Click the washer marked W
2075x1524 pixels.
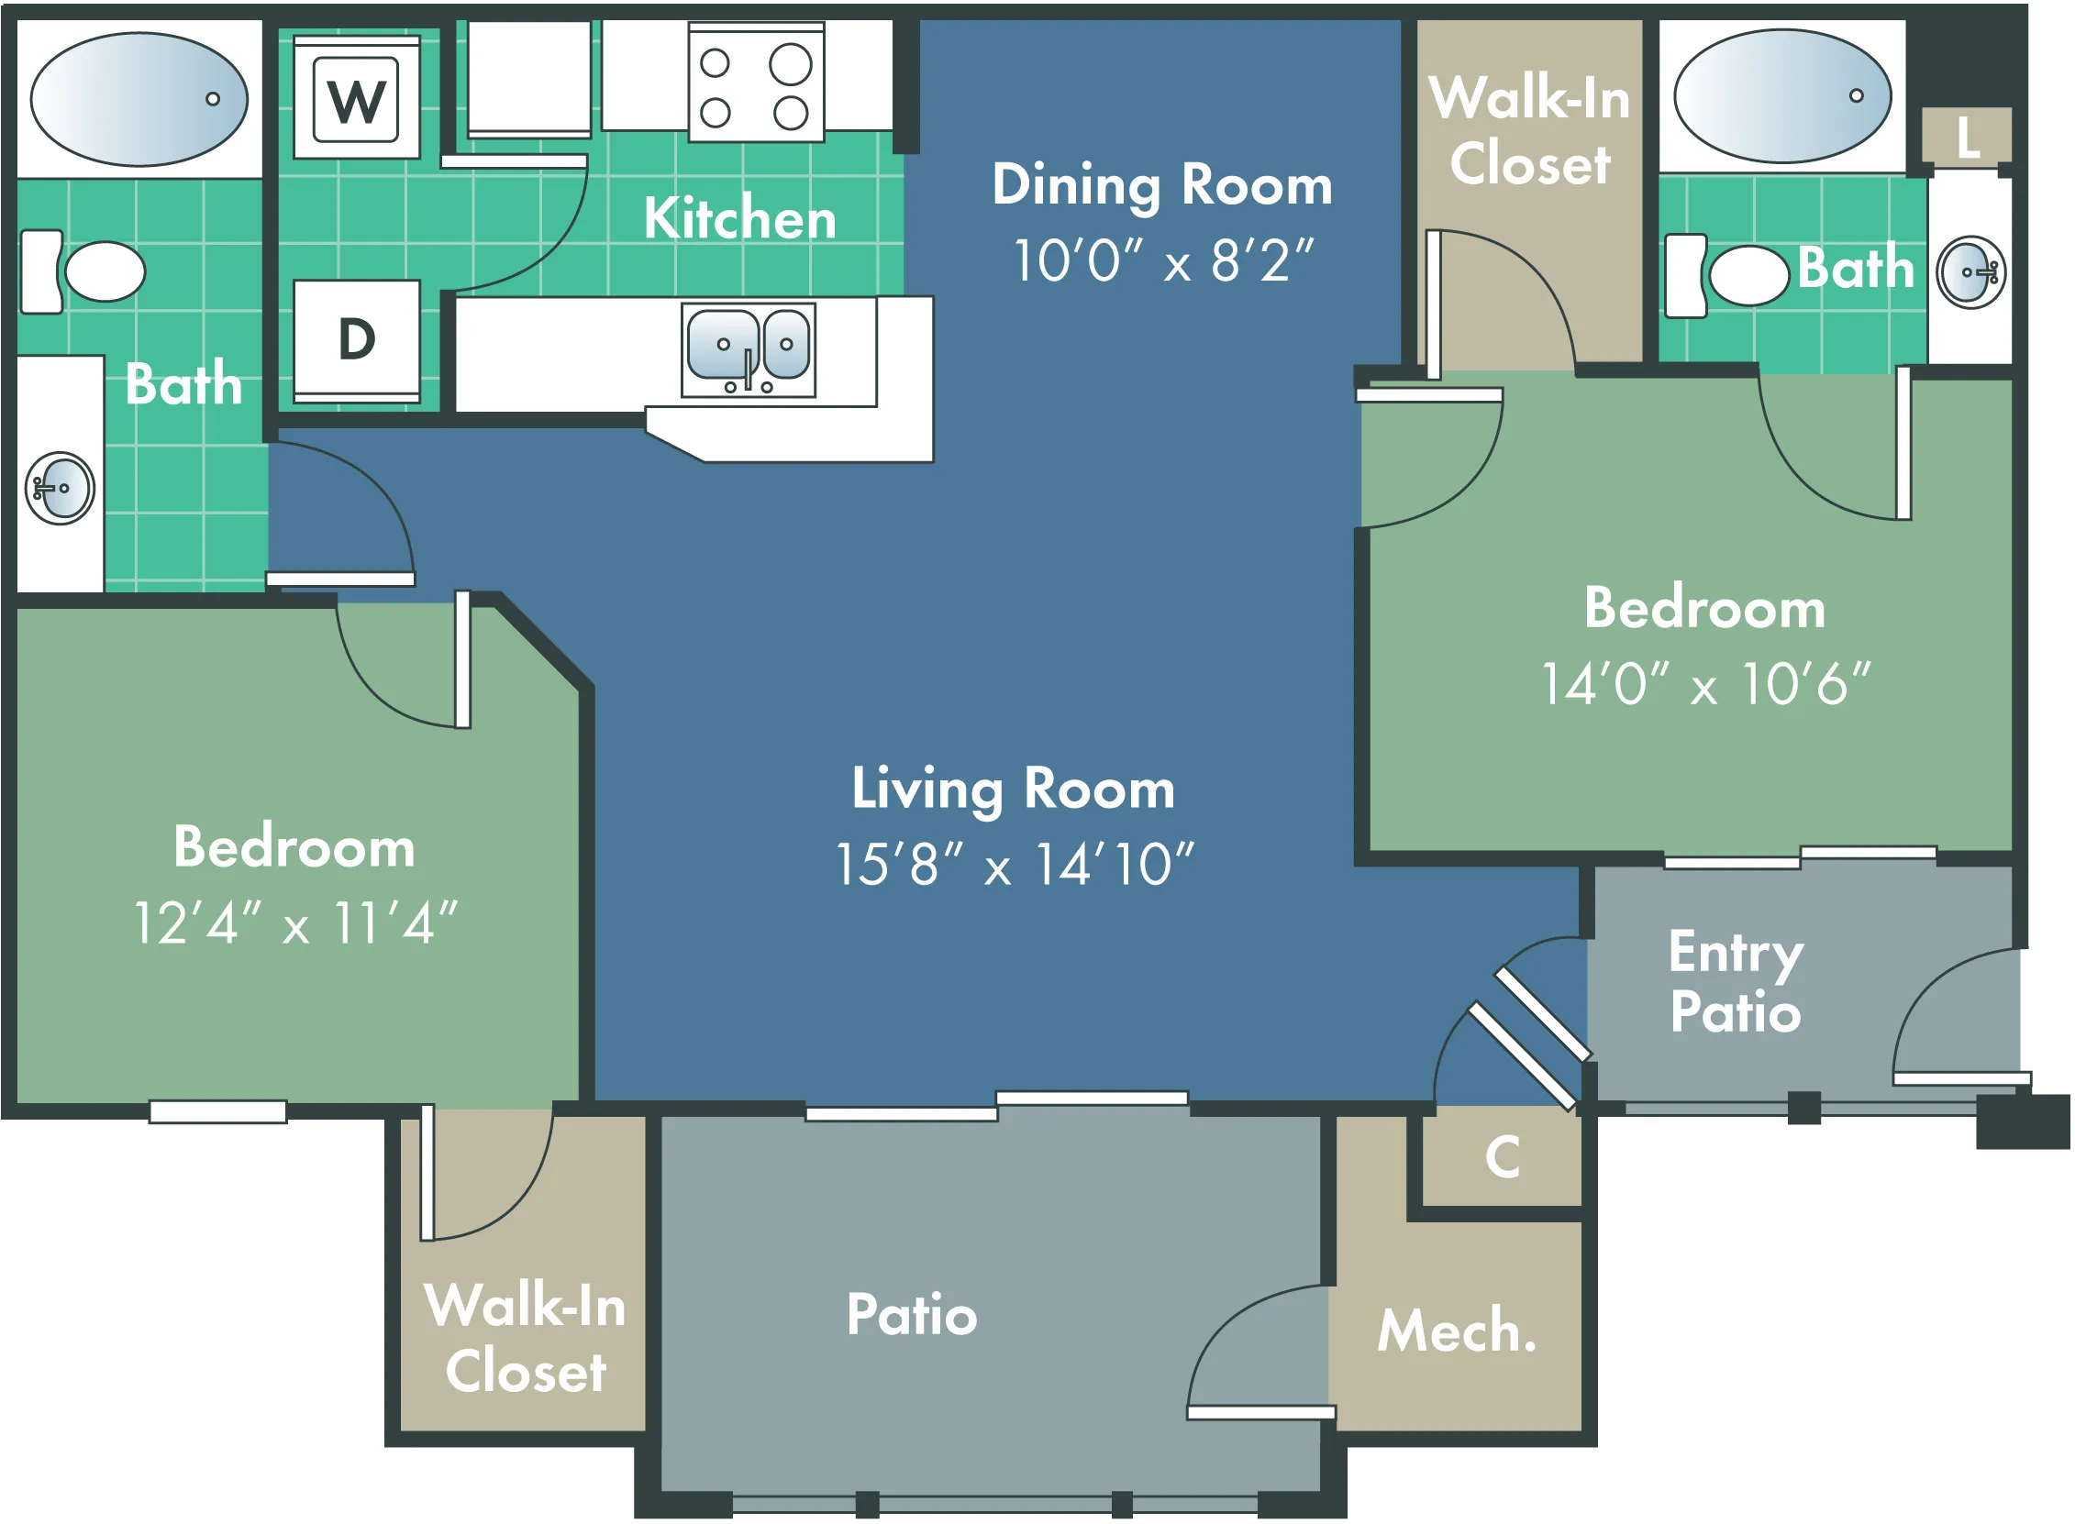(357, 98)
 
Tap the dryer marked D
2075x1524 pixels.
(357, 341)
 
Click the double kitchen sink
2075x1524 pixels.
(749, 349)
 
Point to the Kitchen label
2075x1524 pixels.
(740, 218)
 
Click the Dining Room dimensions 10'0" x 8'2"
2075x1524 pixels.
(1163, 261)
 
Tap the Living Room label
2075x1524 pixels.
(1013, 790)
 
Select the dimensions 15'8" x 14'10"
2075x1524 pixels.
(1014, 866)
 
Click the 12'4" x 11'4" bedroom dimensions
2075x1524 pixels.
(295, 922)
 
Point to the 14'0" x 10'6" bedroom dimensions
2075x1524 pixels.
(1706, 684)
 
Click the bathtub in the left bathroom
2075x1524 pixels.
(139, 100)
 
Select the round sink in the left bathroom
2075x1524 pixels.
(60, 489)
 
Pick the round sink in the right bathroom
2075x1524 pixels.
(1971, 272)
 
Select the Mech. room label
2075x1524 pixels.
(1458, 1331)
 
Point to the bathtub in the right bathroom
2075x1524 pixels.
(1783, 97)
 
